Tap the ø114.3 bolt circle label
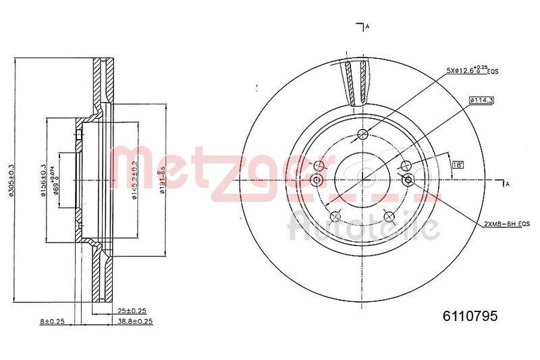[482, 101]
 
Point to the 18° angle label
[457, 164]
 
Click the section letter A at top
[367, 26]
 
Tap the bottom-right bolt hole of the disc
[389, 214]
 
